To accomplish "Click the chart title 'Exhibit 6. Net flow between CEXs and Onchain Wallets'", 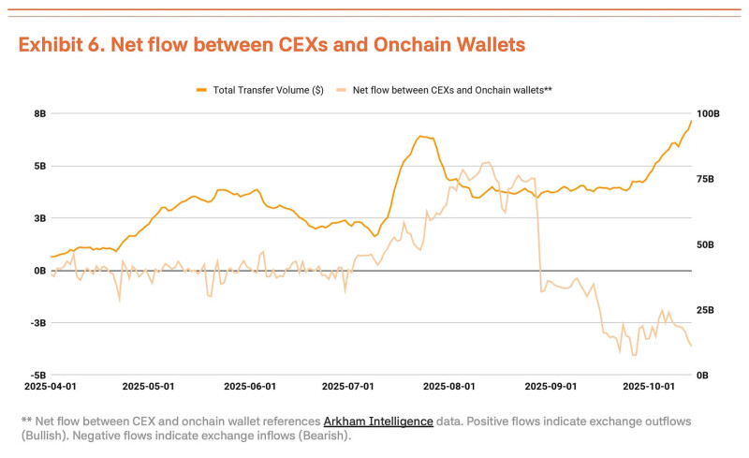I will (272, 44).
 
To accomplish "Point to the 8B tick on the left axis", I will (39, 113).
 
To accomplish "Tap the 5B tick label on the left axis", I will (39, 166).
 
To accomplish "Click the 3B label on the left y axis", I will (39, 218).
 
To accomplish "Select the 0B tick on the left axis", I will (39, 271).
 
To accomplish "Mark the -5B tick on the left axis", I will (37, 375).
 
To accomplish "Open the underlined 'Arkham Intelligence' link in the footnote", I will (378, 421).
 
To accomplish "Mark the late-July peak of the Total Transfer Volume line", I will (420, 136).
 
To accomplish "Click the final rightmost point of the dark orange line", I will (691, 121).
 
